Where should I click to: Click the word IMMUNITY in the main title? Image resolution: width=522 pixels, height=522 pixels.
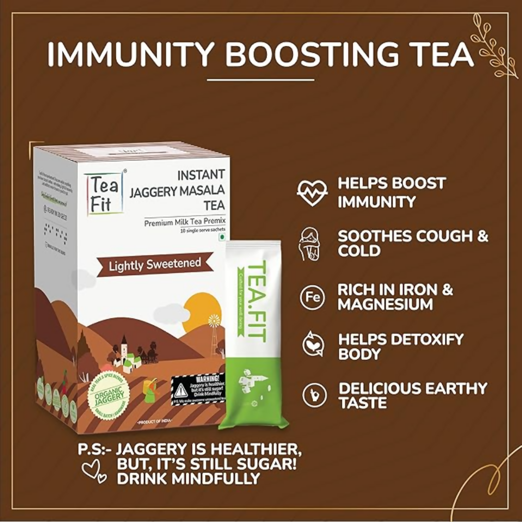coord(130,54)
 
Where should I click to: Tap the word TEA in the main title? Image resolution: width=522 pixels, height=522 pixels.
coord(439,54)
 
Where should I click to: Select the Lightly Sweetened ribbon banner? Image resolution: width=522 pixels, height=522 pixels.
coord(155,264)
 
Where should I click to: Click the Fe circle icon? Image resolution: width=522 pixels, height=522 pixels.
coord(312,298)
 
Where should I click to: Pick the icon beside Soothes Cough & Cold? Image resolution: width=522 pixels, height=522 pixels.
coord(312,244)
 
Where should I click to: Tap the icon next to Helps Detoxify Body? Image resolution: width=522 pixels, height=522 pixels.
coord(312,346)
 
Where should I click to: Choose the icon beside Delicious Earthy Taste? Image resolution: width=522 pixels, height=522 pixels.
coord(312,395)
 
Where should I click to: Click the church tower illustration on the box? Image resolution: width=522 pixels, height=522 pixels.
coord(124,346)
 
